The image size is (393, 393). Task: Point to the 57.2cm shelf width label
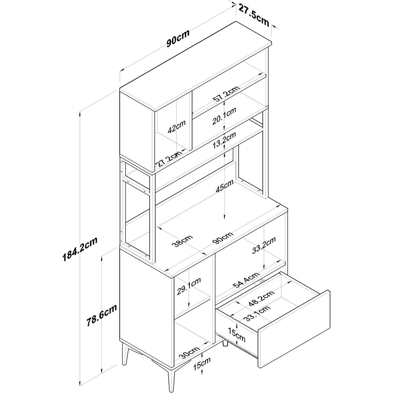point(226,94)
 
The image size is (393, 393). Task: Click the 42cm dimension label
point(177,127)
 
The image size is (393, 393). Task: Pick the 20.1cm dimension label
point(224,116)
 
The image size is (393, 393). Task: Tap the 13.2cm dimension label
point(224,140)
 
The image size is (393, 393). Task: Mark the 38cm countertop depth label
point(182,241)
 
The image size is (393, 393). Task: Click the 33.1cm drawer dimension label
point(257,314)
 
